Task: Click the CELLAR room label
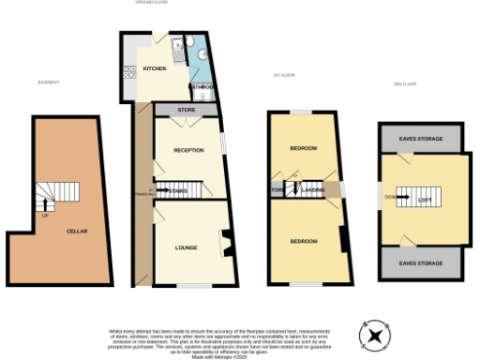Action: click(77, 231)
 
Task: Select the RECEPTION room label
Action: click(188, 150)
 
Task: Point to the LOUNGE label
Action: click(186, 247)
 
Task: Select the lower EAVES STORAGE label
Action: click(421, 263)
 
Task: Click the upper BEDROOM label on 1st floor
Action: click(303, 148)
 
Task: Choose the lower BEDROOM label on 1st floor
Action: click(303, 242)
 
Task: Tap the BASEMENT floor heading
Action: click(49, 82)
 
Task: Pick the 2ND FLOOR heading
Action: click(404, 82)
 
